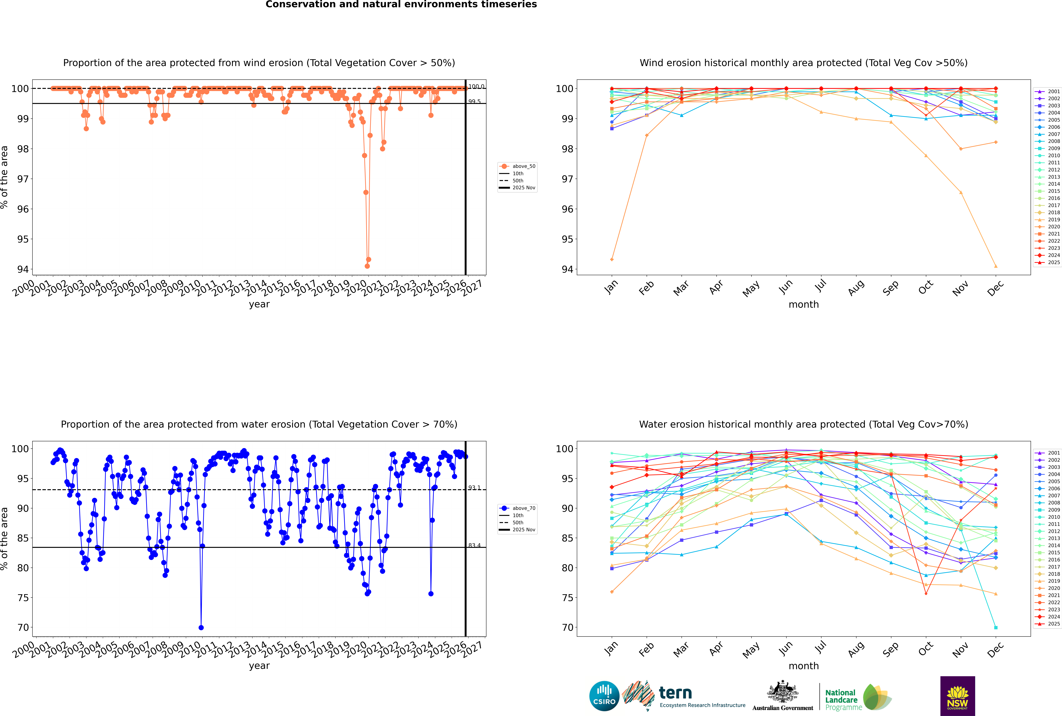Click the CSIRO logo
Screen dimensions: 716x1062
[604, 696]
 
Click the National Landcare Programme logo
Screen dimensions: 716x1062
[857, 697]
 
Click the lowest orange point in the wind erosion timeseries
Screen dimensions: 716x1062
[367, 266]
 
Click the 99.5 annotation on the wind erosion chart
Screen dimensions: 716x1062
[474, 101]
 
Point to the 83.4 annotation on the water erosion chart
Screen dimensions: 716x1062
[474, 545]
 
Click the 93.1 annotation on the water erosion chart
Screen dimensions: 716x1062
[474, 488]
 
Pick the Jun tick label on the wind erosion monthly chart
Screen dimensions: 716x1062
[785, 287]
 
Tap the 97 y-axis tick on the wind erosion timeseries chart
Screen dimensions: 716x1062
[23, 179]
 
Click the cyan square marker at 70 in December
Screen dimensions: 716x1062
[996, 627]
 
